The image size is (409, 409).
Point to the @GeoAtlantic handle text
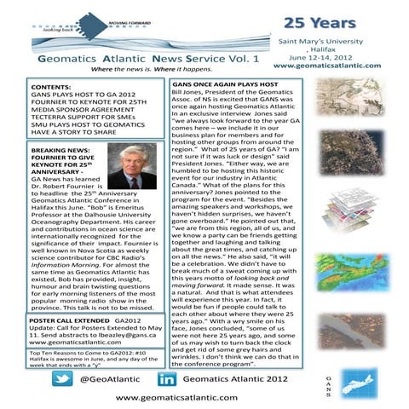pyautogui.click(x=108, y=377)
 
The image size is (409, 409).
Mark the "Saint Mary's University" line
pyautogui.click(x=338, y=39)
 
